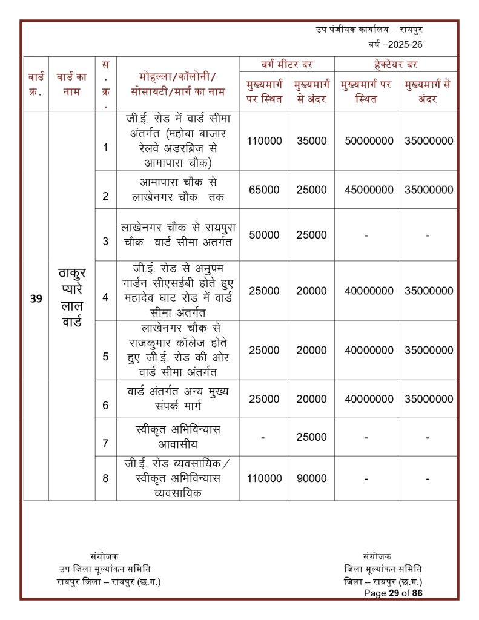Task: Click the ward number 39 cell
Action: [36, 298]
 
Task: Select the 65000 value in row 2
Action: [264, 190]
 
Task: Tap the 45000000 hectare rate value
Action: [366, 190]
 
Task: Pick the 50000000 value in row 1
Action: [366, 140]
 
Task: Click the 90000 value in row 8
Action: [312, 478]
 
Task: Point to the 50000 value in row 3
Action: [264, 235]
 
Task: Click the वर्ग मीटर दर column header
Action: [286, 64]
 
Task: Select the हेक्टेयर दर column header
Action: [397, 64]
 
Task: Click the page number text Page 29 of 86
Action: [393, 593]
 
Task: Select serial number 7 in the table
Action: [105, 443]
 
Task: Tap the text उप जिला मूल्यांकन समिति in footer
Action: [105, 569]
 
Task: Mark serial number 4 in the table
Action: [105, 297]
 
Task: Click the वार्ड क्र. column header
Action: [36, 84]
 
